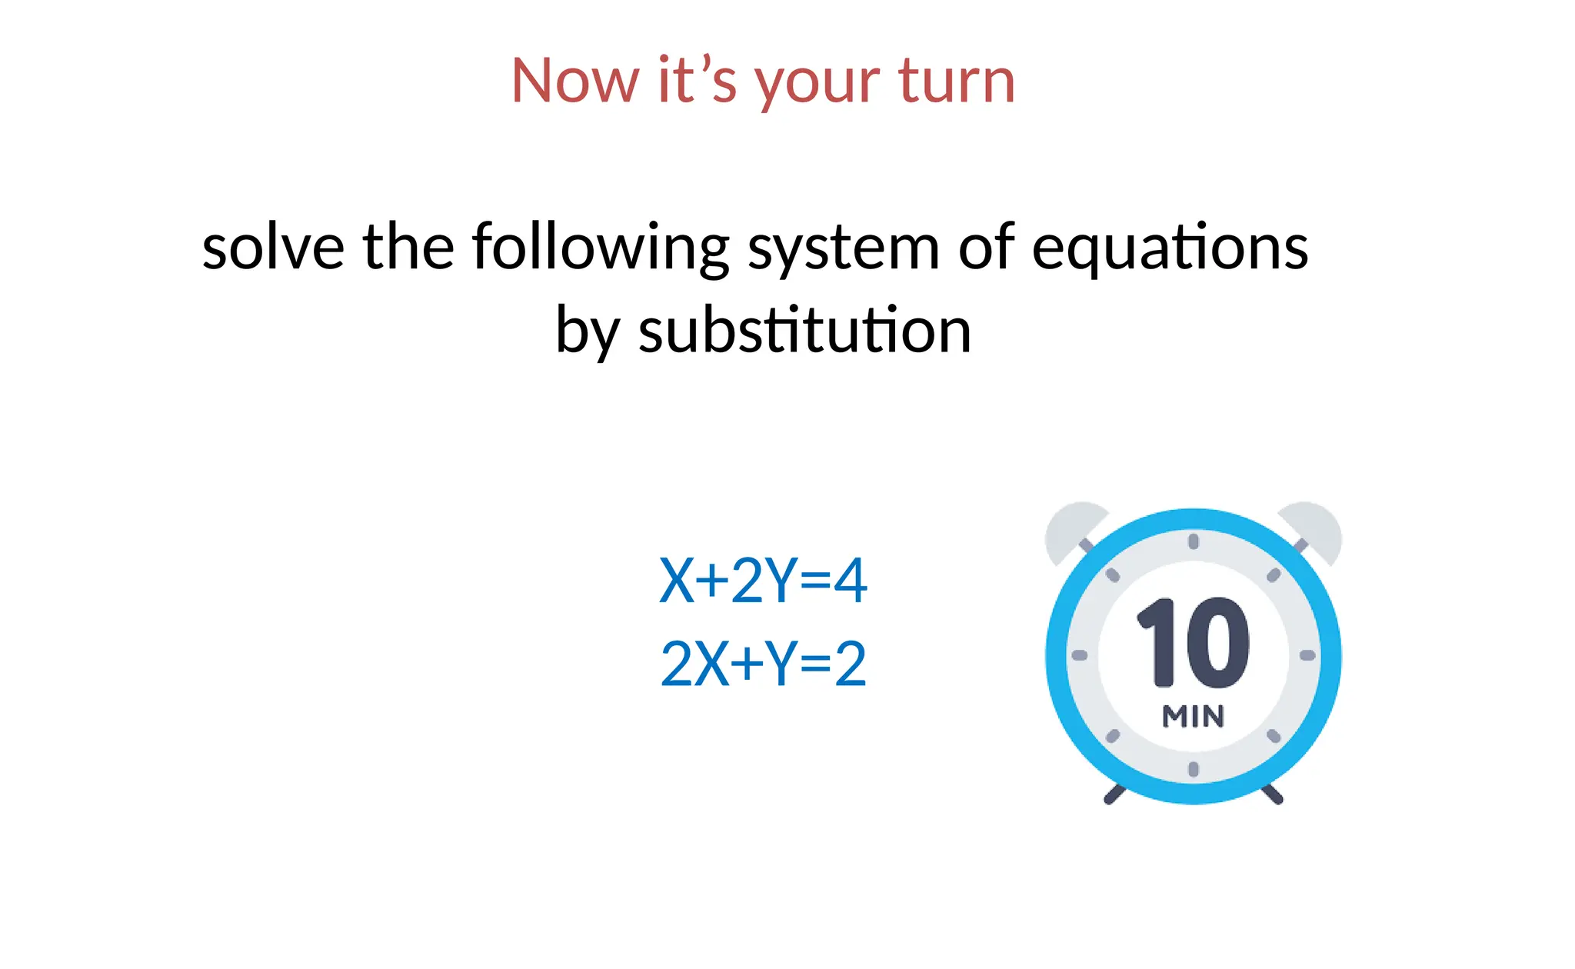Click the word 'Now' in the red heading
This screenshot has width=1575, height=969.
(574, 81)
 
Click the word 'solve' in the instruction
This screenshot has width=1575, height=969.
(273, 248)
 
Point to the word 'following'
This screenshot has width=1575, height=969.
(601, 248)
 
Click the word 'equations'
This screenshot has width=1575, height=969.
(1169, 248)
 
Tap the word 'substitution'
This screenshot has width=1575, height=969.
(804, 331)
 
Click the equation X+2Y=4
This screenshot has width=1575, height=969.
(763, 581)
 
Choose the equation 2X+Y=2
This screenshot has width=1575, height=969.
(763, 664)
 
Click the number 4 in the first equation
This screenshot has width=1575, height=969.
(851, 581)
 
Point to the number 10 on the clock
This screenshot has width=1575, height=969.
(1193, 642)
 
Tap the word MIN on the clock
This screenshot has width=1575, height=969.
(1193, 717)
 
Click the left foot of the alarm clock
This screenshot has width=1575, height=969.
(1114, 795)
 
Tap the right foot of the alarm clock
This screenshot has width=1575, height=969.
(1273, 795)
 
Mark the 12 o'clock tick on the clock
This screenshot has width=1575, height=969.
(1194, 541)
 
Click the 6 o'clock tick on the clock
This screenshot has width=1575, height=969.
(1194, 769)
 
